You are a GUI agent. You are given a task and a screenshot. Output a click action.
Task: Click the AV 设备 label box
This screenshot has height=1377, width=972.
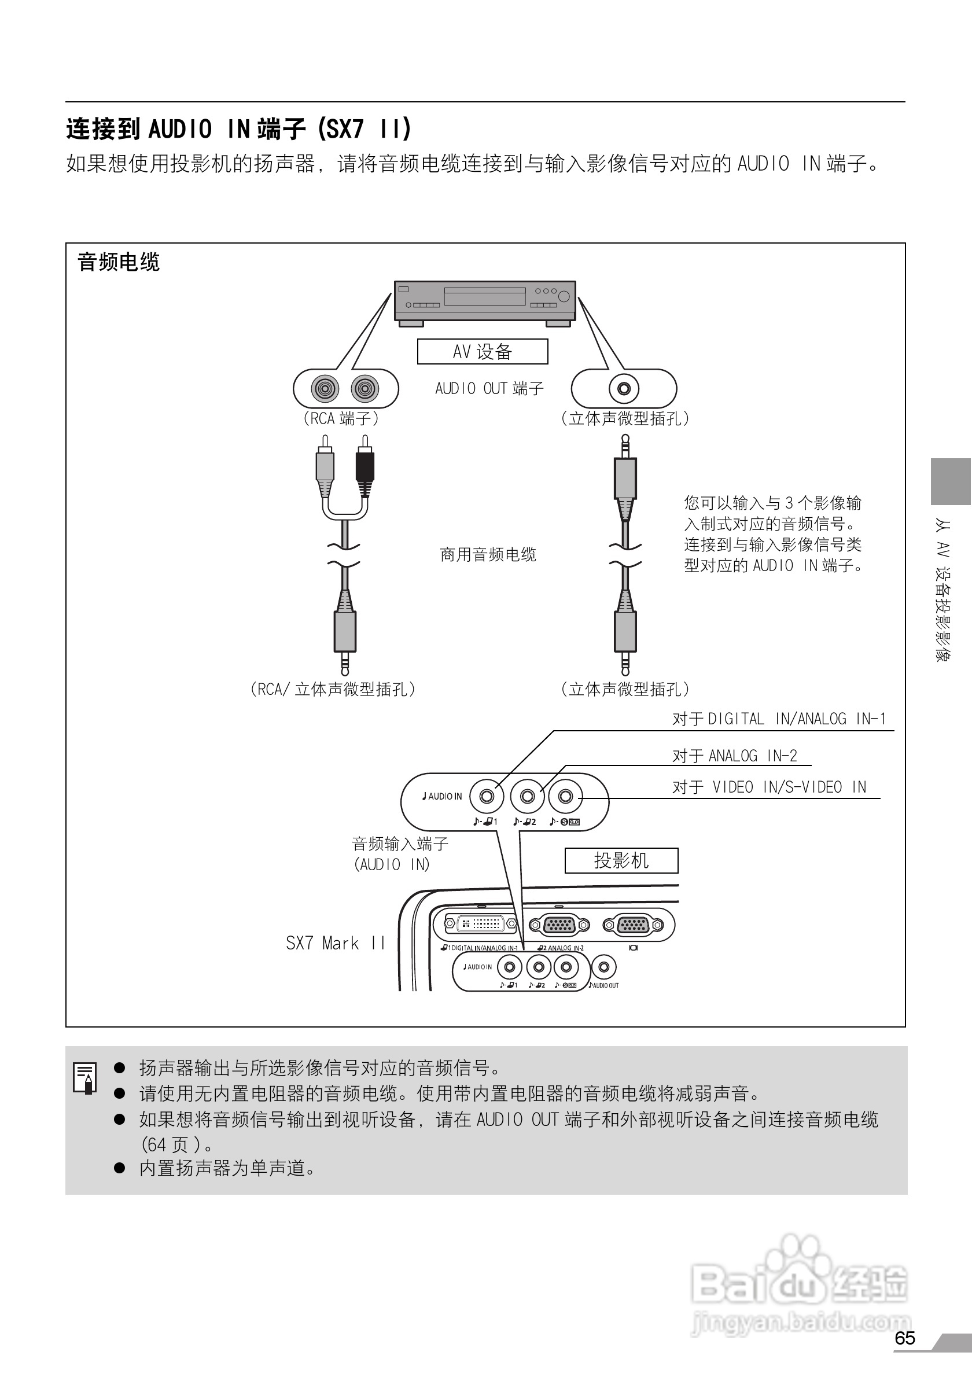[482, 351]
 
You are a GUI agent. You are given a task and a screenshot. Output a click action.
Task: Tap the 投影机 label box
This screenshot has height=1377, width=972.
[621, 861]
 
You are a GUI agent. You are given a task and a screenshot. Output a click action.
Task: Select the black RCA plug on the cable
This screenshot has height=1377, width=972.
[365, 468]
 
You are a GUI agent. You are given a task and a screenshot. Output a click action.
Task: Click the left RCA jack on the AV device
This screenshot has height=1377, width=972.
[325, 389]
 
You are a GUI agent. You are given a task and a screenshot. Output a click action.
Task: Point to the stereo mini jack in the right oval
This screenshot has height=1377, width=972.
[624, 389]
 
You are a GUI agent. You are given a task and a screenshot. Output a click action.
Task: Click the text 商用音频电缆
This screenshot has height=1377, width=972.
[488, 555]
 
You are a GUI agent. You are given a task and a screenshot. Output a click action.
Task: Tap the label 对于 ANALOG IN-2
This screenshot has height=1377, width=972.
[735, 756]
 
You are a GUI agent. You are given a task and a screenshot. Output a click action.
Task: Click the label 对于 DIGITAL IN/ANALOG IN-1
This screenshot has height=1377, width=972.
[779, 719]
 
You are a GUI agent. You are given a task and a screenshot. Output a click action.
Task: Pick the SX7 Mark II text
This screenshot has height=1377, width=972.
[335, 944]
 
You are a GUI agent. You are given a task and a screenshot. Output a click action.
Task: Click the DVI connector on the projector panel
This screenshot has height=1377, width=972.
[481, 924]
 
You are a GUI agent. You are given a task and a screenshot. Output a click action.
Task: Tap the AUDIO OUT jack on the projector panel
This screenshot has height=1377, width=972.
[604, 967]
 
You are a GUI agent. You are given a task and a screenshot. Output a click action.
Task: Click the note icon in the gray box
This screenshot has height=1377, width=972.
[86, 1078]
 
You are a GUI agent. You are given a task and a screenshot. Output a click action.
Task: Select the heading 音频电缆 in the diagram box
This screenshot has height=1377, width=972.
[119, 262]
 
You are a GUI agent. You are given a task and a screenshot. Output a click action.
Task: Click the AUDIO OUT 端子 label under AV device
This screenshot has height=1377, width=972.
[489, 389]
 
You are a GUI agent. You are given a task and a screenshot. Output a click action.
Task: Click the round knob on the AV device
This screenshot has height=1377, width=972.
[564, 296]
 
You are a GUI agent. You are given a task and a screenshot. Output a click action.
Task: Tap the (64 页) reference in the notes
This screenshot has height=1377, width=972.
[171, 1145]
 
